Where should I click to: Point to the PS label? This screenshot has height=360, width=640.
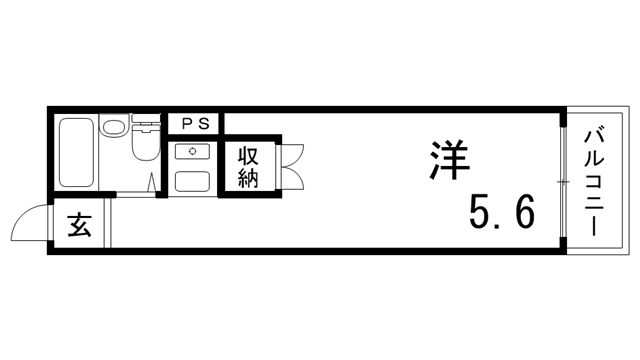(195, 123)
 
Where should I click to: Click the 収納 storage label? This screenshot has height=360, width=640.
(249, 169)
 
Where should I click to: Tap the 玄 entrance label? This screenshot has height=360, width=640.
(80, 227)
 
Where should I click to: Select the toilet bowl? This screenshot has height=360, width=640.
(144, 144)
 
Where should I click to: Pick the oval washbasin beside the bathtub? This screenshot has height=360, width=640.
(114, 127)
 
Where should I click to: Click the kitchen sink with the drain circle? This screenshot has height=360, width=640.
(190, 153)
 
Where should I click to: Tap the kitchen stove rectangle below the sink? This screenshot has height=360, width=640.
(190, 183)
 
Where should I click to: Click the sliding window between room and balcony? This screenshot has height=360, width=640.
(563, 180)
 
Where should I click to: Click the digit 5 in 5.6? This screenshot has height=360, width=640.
(481, 212)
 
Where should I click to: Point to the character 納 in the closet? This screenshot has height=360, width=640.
(249, 180)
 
